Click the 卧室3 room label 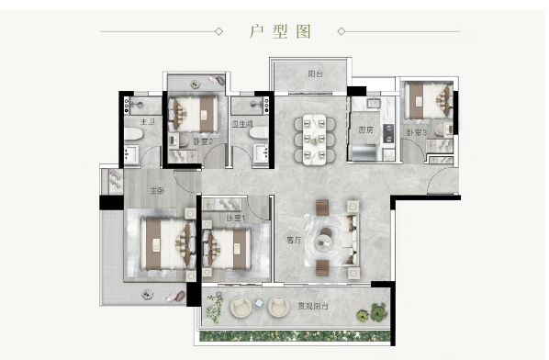click(x=417, y=133)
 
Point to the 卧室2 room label click(x=203, y=141)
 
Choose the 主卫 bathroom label click(x=144, y=122)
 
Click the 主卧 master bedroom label click(x=157, y=191)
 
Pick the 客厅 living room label click(x=293, y=241)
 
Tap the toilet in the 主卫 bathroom click(x=134, y=138)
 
